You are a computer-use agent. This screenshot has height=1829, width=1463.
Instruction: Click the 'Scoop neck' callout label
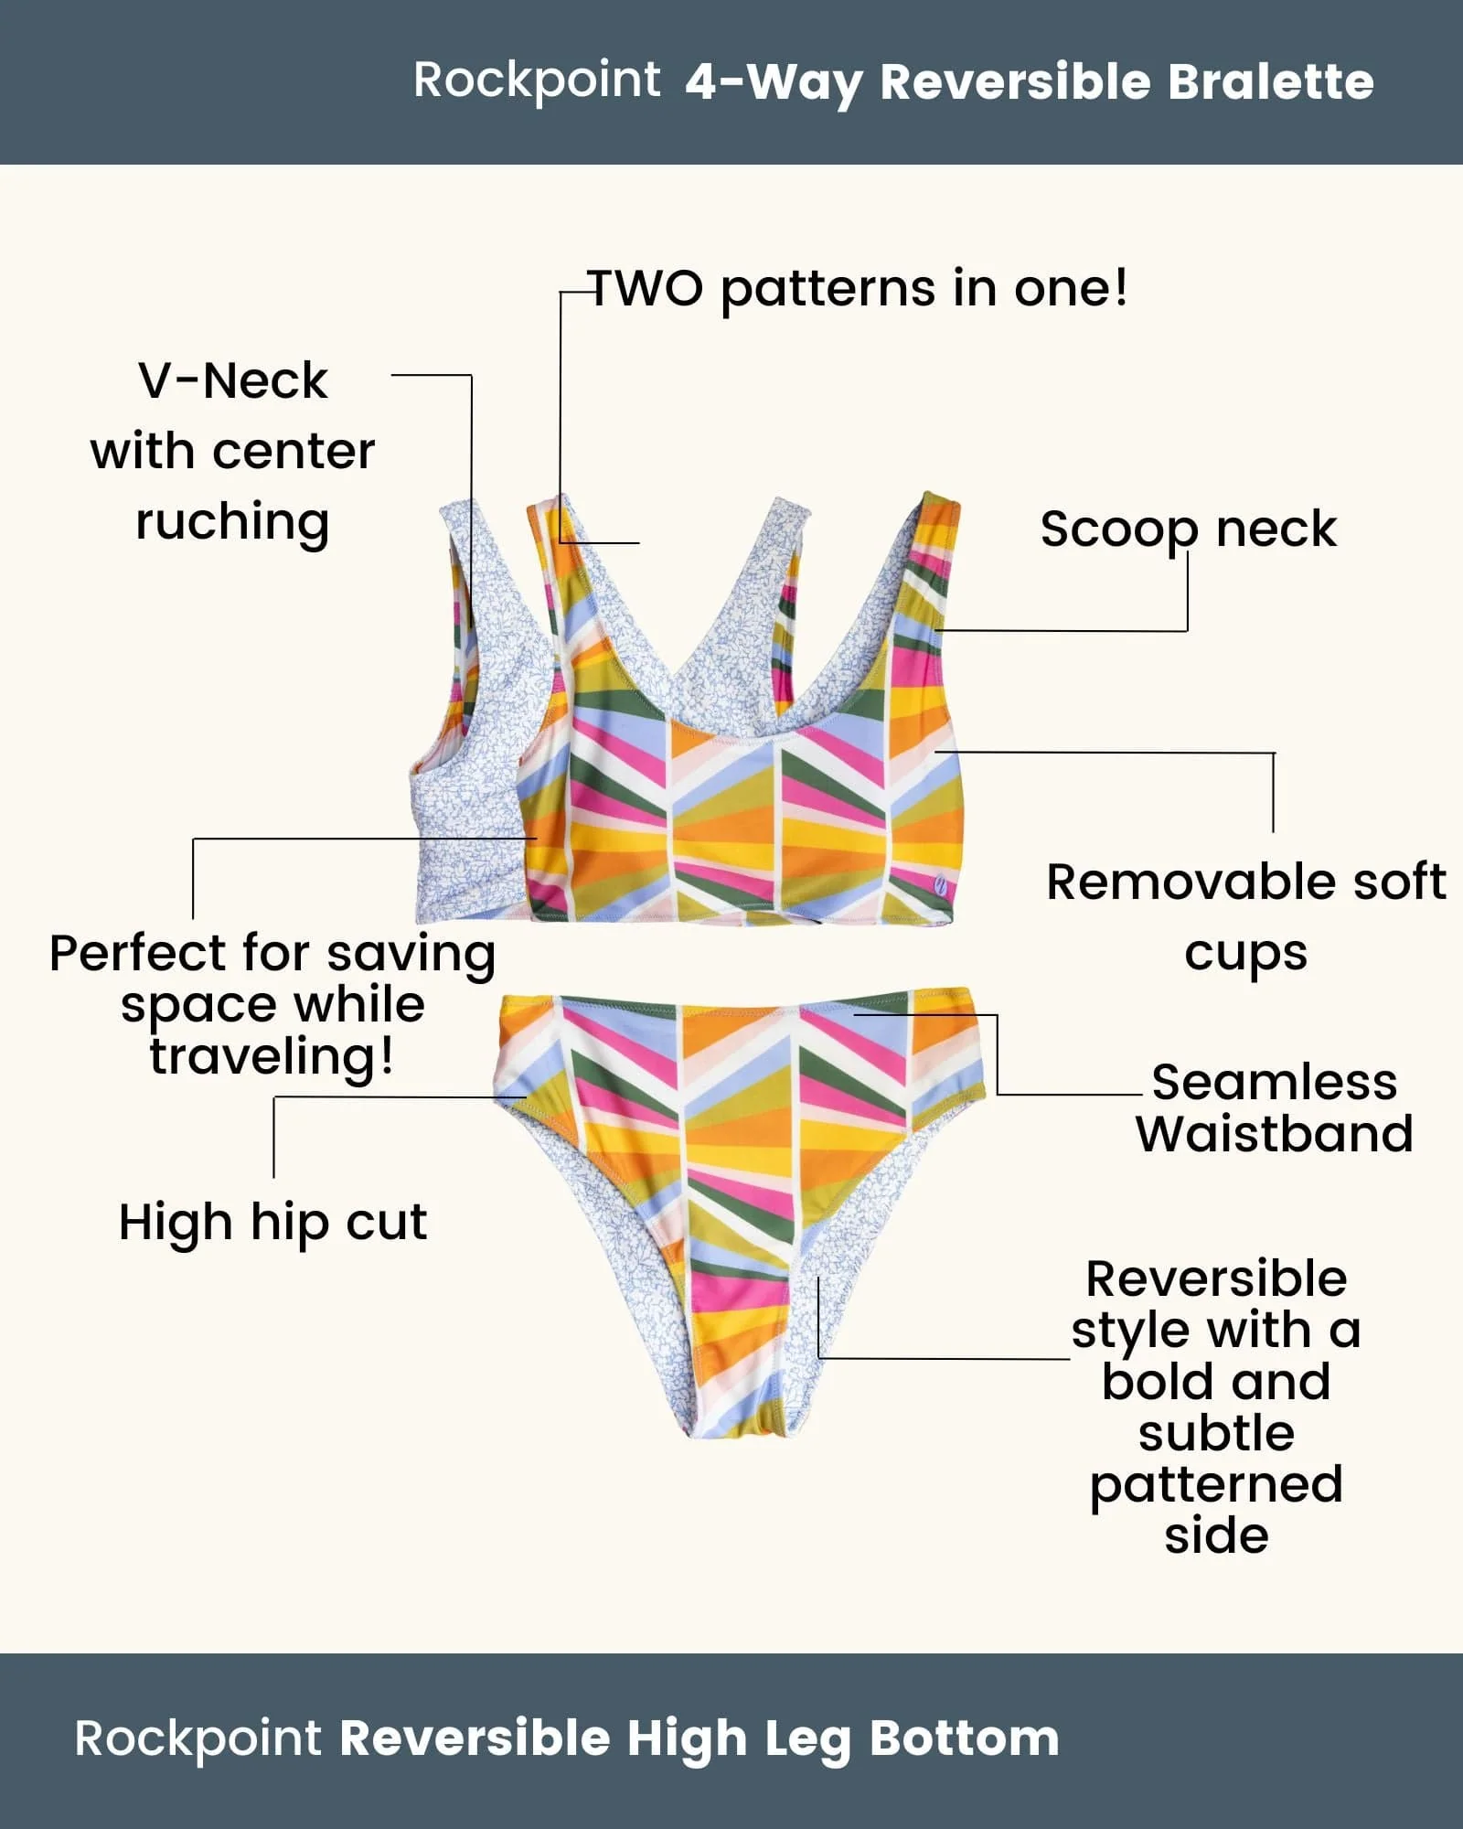1188,529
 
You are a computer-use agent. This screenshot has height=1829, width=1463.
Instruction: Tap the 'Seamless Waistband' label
1274,1107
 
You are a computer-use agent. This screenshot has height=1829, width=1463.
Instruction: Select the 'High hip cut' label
272,1222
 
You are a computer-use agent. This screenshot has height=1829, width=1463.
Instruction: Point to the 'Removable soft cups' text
1245,916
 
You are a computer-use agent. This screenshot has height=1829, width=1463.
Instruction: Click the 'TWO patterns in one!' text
858,289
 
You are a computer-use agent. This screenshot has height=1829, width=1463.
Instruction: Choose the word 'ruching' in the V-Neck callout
232,522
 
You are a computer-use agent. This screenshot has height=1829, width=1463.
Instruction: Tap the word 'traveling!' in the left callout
272,1056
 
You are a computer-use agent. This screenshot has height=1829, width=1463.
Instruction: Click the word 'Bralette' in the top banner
1271,82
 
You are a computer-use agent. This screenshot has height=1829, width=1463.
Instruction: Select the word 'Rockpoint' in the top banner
536,80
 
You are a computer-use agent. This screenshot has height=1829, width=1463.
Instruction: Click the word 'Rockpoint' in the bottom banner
198,1738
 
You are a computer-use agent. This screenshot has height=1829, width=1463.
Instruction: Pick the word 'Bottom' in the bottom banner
964,1738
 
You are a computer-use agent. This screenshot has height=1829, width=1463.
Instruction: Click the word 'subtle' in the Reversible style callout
1216,1434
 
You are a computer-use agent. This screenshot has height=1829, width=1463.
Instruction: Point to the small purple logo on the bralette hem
940,884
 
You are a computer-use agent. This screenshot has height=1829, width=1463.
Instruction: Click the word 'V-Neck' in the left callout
232,380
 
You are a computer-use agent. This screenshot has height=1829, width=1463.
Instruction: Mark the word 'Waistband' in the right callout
1274,1134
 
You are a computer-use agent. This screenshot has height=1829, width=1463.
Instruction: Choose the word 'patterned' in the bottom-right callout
1216,1485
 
